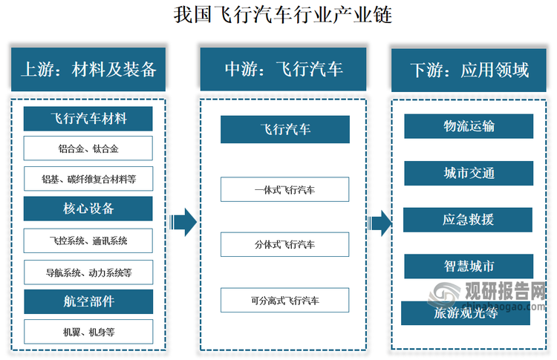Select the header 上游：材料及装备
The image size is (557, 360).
(x=88, y=70)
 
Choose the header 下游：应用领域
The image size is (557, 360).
(x=469, y=70)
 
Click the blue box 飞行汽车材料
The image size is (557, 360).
(x=88, y=119)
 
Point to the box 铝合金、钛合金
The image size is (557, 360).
(x=88, y=148)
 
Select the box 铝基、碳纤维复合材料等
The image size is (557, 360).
(x=88, y=179)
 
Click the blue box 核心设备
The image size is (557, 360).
(x=88, y=209)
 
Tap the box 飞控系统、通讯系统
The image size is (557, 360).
(x=88, y=240)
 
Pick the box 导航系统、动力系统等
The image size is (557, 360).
(x=88, y=272)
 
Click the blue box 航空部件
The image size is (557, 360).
(x=88, y=301)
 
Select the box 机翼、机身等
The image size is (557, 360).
(x=88, y=332)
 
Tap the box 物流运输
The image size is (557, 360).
(x=469, y=126)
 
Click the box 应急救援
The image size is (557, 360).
(x=469, y=220)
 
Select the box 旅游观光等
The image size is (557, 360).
(x=466, y=313)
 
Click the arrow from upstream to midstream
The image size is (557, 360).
(x=183, y=221)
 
